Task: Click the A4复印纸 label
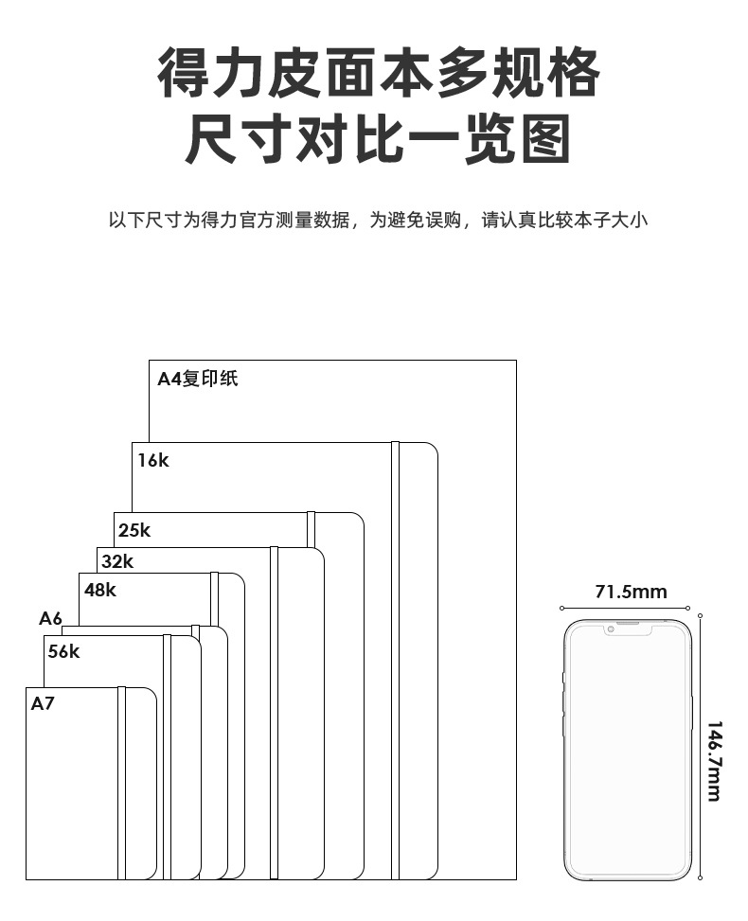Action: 197,379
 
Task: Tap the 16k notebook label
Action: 152,461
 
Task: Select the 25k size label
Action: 134,530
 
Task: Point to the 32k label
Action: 117,561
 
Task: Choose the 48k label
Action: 100,590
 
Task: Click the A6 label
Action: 50,619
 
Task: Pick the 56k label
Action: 64,651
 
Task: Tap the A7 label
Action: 44,703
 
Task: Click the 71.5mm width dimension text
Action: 631,593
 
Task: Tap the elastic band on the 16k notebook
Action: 395,663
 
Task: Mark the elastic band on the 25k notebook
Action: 311,528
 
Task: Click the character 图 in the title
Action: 539,138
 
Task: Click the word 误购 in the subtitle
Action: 440,221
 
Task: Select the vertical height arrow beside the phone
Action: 700,748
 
